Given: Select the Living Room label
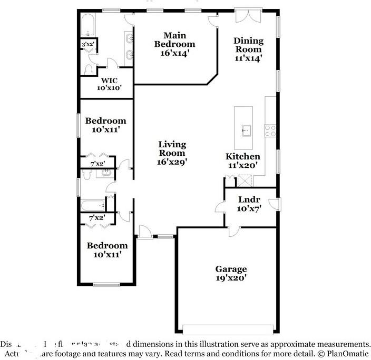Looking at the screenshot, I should [172, 148].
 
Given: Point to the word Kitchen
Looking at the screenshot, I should [242, 156].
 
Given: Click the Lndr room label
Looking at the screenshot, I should [247, 201].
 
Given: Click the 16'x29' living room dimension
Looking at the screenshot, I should [172, 162].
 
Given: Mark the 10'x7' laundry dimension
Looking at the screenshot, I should [247, 209].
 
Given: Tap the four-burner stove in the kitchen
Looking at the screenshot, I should [270, 130].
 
